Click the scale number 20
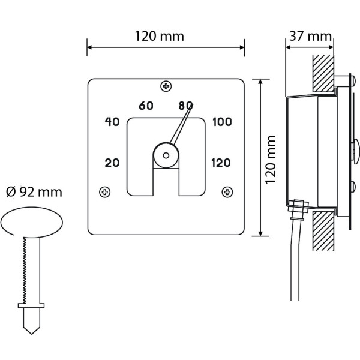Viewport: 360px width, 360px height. [x=112, y=162]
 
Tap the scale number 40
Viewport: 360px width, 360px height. [x=112, y=122]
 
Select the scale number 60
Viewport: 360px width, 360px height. [x=146, y=106]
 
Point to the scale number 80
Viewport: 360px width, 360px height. [x=185, y=106]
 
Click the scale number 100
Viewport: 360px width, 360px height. [x=221, y=122]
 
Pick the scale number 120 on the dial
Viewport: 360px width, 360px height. [x=221, y=162]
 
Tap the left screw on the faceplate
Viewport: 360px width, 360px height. [x=106, y=192]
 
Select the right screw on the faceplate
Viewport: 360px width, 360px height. [x=227, y=192]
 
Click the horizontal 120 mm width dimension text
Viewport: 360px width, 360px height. [x=159, y=36]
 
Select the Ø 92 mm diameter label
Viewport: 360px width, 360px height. [x=34, y=192]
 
